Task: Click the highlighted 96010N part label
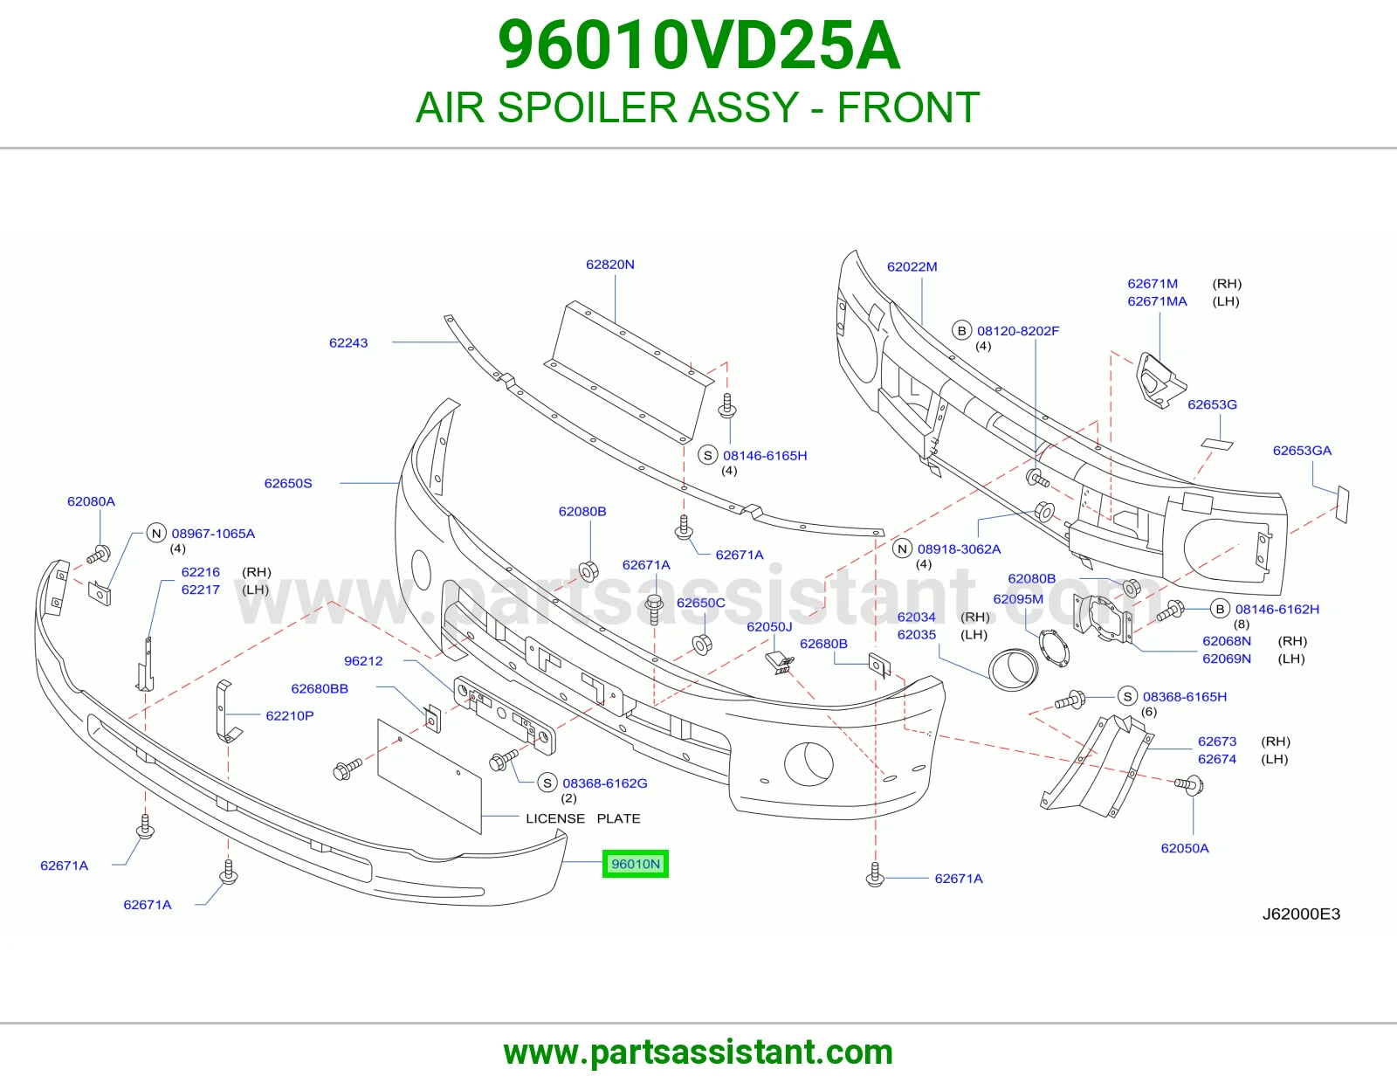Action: [x=635, y=864]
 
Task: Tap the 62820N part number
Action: [x=609, y=265]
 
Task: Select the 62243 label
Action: [x=348, y=342]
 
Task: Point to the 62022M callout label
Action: [x=912, y=266]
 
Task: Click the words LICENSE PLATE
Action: [x=583, y=818]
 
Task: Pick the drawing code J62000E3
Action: [x=1301, y=914]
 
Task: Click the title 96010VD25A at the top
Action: [x=698, y=45]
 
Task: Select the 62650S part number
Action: [x=288, y=483]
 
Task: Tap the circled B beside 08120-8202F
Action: [x=962, y=330]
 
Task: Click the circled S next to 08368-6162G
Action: [x=547, y=783]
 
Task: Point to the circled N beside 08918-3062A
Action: [x=903, y=548]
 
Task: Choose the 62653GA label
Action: [x=1302, y=450]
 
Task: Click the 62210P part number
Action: [x=289, y=715]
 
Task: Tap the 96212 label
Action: [x=363, y=660]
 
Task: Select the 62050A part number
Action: [x=1185, y=847]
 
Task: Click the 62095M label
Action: [x=1018, y=599]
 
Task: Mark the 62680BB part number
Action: [x=320, y=688]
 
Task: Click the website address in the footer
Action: [x=698, y=1052]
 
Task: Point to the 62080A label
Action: [x=92, y=501]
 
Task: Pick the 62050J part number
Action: [x=769, y=626]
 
